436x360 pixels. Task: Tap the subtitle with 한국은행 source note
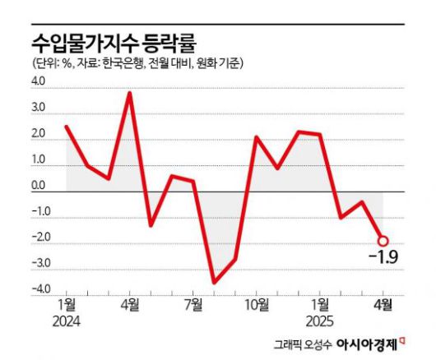coord(142,64)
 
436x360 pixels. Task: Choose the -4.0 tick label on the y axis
coord(40,288)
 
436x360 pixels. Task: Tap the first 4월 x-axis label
coord(130,305)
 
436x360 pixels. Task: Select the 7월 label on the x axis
coord(193,305)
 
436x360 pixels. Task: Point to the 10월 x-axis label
coord(256,305)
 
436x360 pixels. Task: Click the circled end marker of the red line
coord(383,241)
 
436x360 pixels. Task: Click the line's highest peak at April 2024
coord(130,93)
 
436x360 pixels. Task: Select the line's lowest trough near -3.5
coord(214,282)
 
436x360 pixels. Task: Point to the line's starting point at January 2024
coord(66,127)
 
